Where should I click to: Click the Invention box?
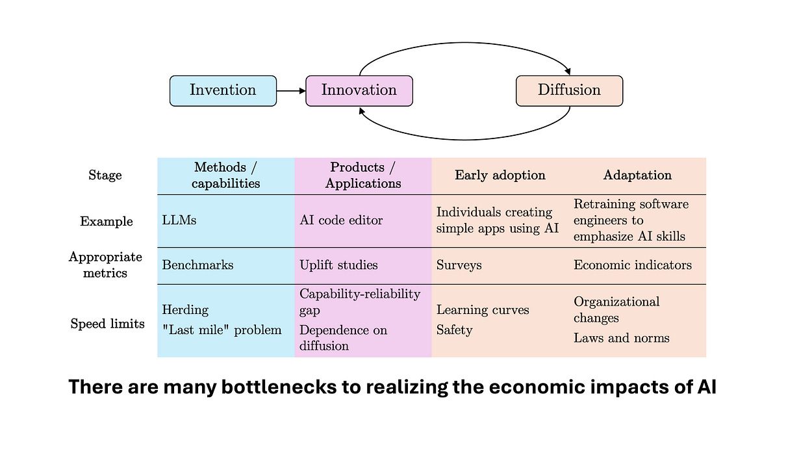(223, 90)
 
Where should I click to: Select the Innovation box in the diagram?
(359, 90)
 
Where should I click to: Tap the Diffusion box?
(569, 90)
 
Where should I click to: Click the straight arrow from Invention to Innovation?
(290, 91)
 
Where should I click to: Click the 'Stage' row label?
(105, 176)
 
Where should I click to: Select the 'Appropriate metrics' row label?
(105, 265)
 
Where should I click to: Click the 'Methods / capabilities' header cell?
(225, 176)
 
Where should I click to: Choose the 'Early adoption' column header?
(500, 176)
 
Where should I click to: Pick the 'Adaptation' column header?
(637, 176)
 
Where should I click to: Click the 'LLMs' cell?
(179, 220)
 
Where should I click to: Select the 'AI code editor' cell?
(341, 220)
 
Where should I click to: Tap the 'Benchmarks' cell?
(197, 265)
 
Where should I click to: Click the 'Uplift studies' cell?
(338, 265)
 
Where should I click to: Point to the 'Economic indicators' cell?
(633, 265)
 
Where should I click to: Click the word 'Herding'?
(185, 311)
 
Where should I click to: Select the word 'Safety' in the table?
(455, 330)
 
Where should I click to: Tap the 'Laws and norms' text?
(621, 338)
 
